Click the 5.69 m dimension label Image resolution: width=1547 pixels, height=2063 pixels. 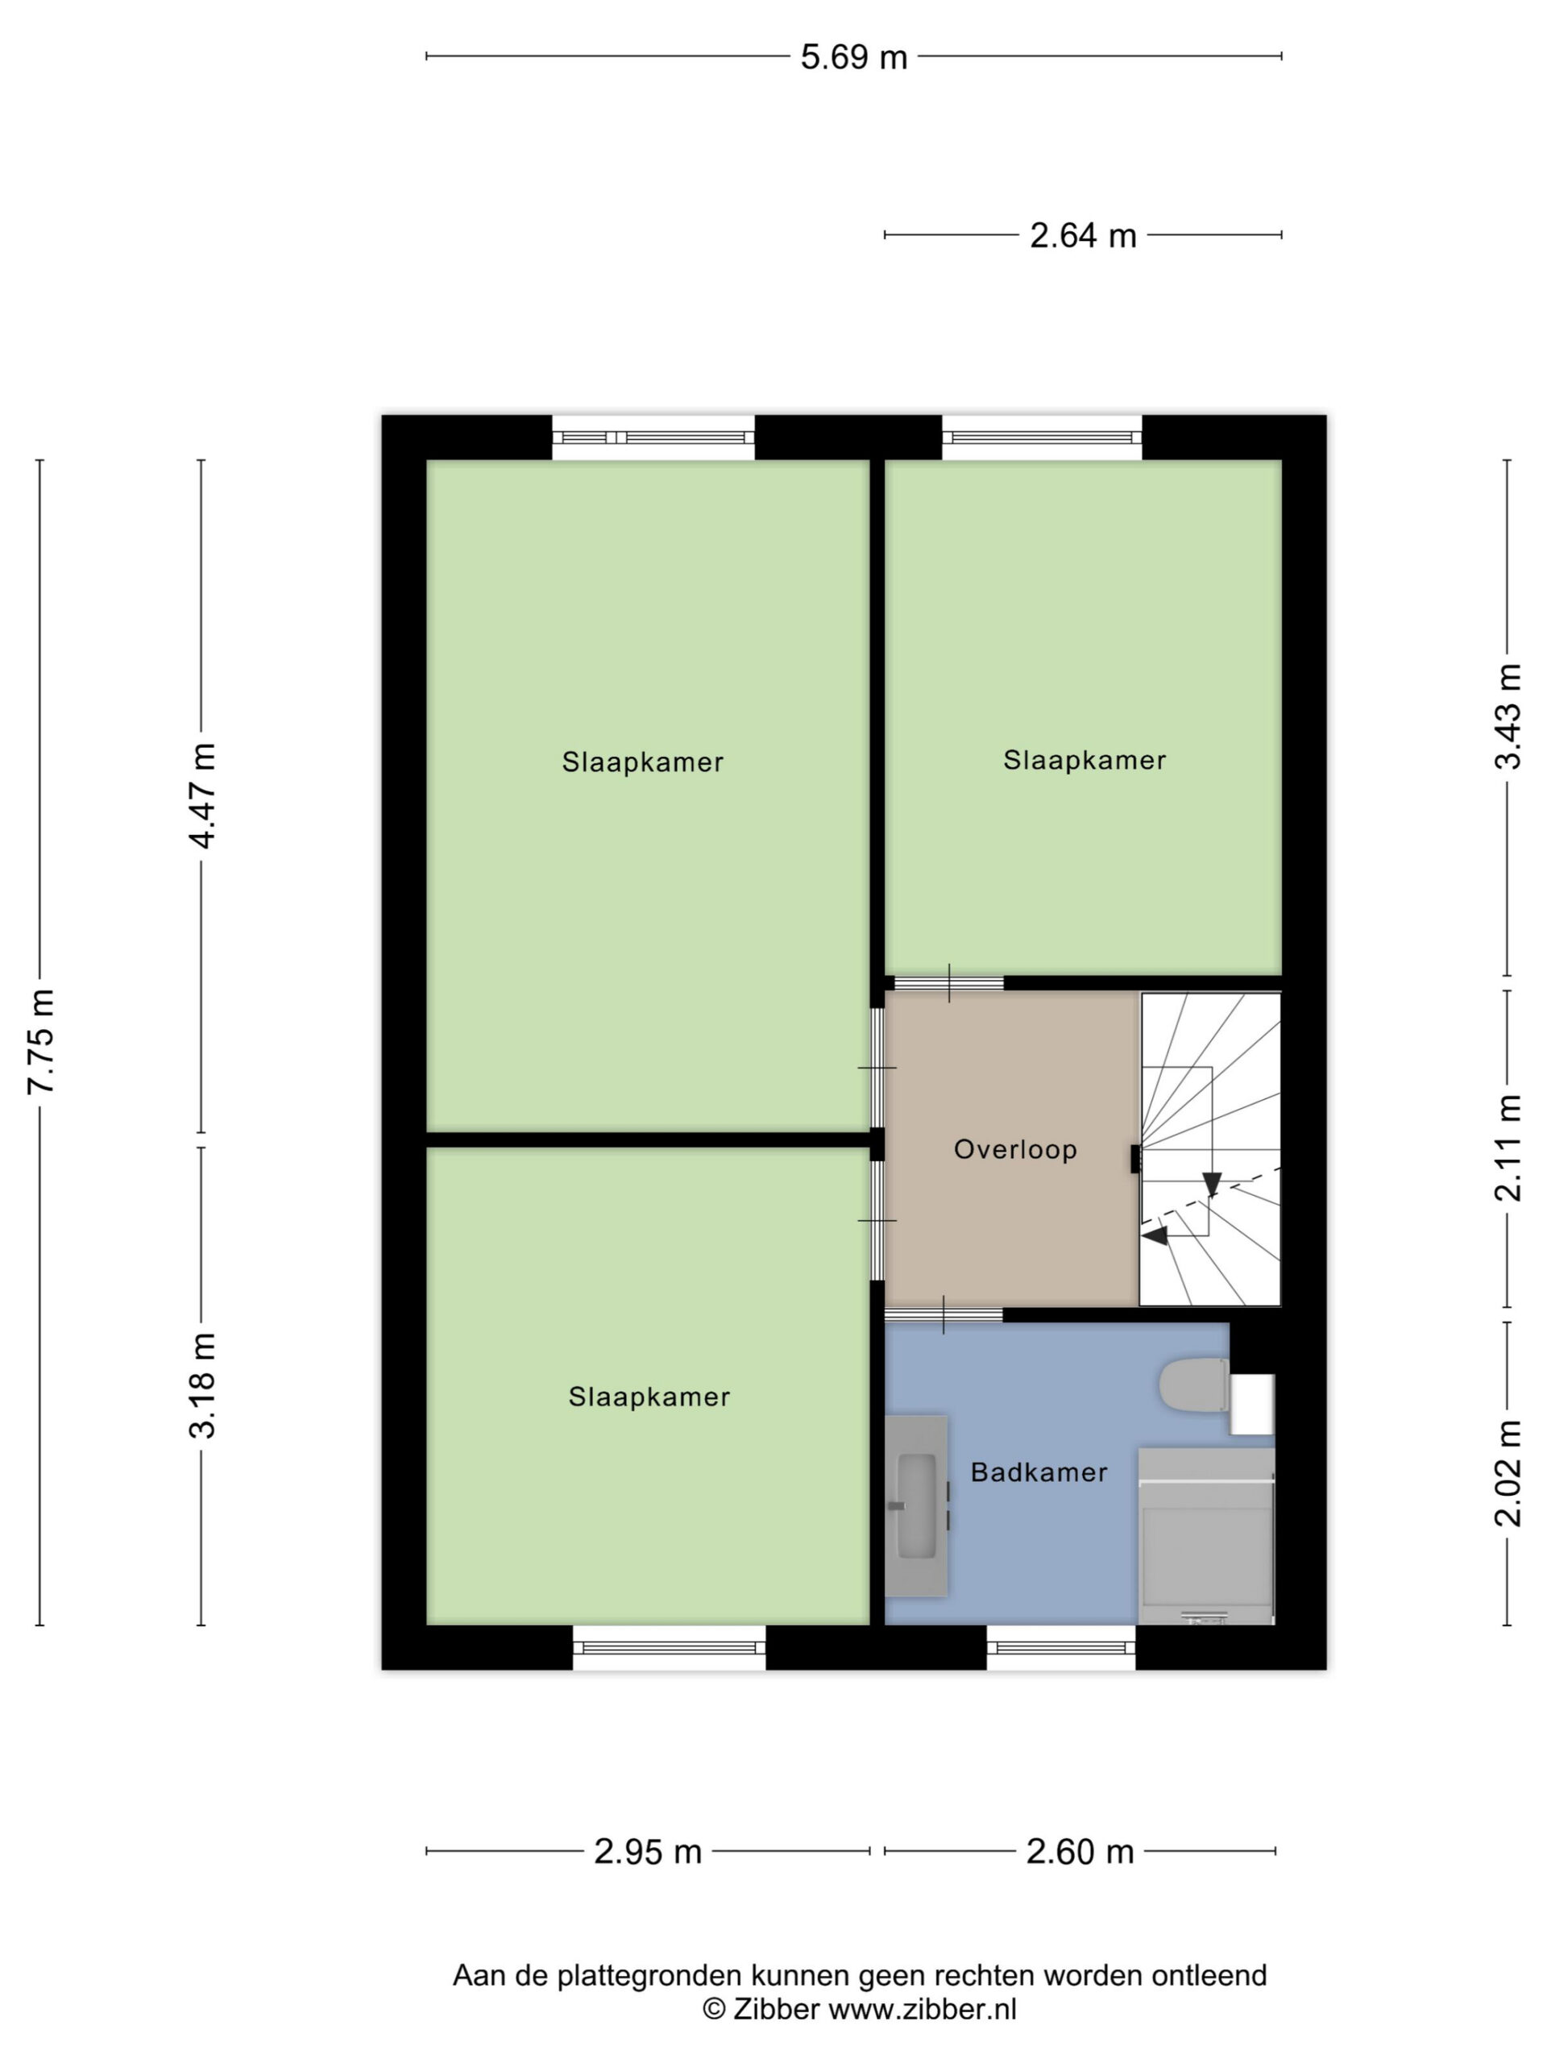pyautogui.click(x=853, y=57)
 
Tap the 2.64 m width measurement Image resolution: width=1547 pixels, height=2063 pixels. pyautogui.click(x=1083, y=235)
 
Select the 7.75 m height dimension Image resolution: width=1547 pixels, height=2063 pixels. pyautogui.click(x=41, y=1041)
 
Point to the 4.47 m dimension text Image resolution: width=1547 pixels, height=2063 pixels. pyautogui.click(x=202, y=795)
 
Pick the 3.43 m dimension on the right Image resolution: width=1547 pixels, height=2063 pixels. pyautogui.click(x=1508, y=716)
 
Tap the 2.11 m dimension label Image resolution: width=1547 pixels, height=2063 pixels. pyautogui.click(x=1508, y=1148)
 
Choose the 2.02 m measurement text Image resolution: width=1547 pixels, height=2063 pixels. pyautogui.click(x=1508, y=1472)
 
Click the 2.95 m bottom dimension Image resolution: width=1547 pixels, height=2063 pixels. pyautogui.click(x=647, y=1851)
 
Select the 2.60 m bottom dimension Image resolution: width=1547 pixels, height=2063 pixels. pyautogui.click(x=1080, y=1851)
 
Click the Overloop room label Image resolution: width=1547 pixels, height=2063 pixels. pyautogui.click(x=1015, y=1149)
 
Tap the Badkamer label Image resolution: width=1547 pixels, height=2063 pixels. pyautogui.click(x=1039, y=1472)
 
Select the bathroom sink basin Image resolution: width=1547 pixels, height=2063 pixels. pyautogui.click(x=915, y=1506)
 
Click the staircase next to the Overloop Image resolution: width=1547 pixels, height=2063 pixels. pyautogui.click(x=1210, y=1148)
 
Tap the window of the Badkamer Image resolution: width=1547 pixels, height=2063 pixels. pyautogui.click(x=1060, y=1648)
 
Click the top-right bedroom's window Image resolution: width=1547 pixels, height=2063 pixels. pyautogui.click(x=1042, y=438)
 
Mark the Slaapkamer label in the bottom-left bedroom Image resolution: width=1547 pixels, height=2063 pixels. pyautogui.click(x=649, y=1397)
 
